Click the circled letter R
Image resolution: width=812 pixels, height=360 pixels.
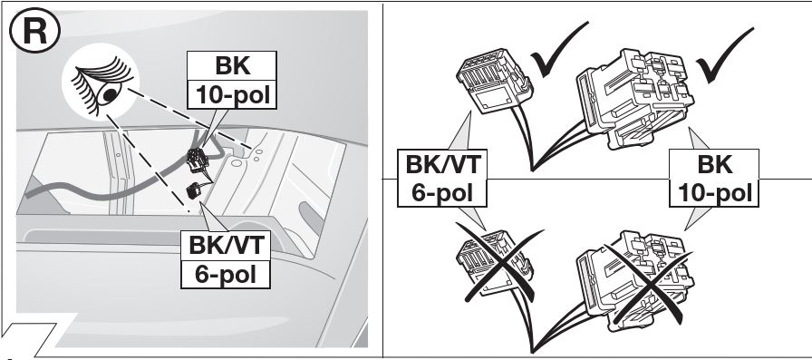(x=34, y=32)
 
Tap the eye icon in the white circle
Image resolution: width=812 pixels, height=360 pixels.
(x=101, y=85)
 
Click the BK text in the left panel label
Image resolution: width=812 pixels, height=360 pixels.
(x=231, y=67)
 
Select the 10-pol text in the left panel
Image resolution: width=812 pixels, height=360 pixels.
(x=232, y=95)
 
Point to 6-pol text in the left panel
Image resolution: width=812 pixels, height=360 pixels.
(x=226, y=274)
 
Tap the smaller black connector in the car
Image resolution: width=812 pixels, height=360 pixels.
(x=194, y=190)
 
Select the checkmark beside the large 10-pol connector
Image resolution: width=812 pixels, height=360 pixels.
(x=724, y=54)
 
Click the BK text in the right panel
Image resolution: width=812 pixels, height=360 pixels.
(x=715, y=165)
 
